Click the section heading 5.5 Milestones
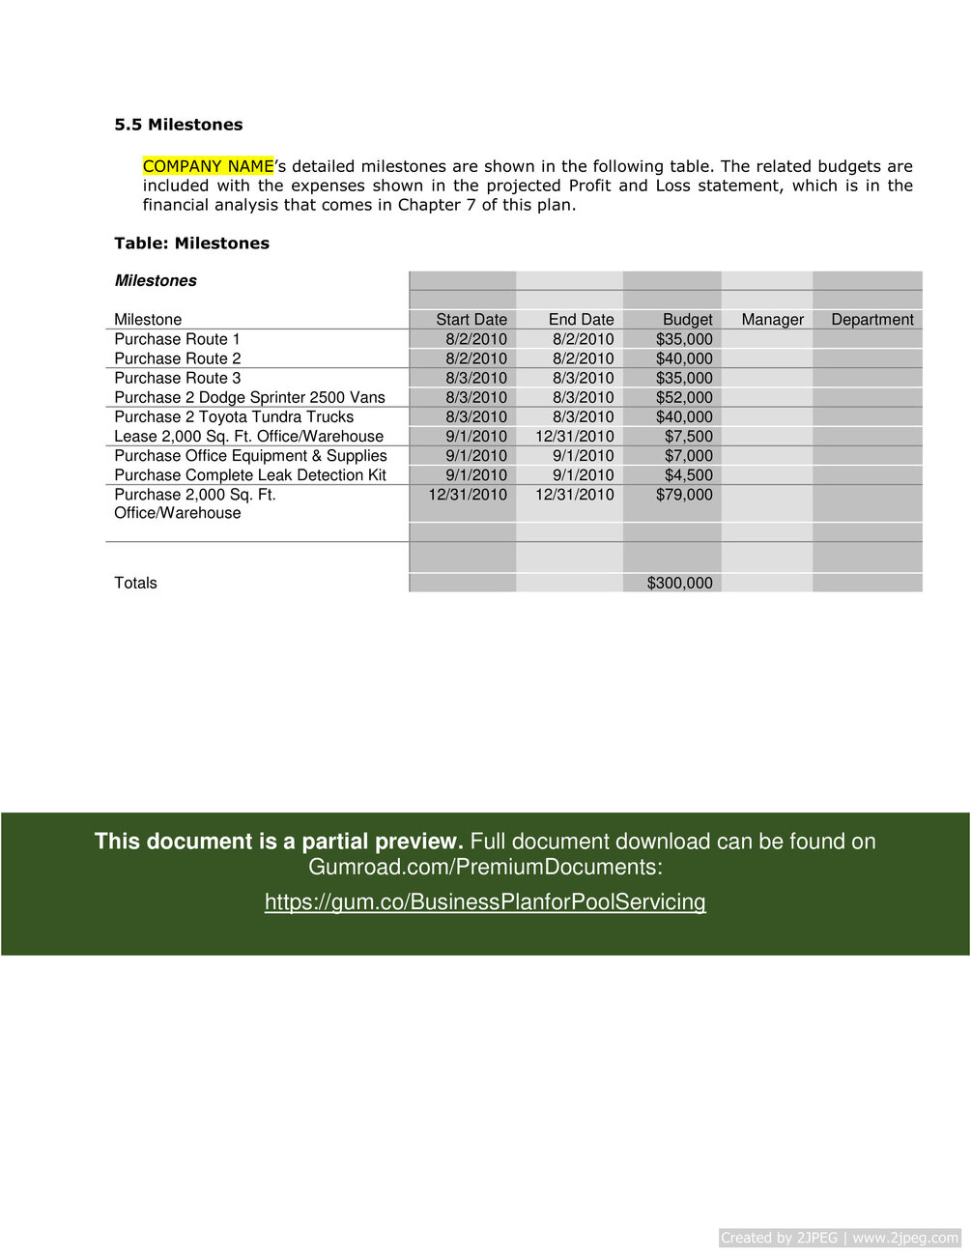click(x=179, y=125)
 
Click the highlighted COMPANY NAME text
click(x=208, y=166)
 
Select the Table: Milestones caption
click(x=191, y=243)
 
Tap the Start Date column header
click(x=471, y=320)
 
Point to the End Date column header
click(x=581, y=320)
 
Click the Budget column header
click(x=687, y=320)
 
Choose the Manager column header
click(x=772, y=320)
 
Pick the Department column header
click(x=871, y=320)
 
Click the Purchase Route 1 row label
click(x=177, y=339)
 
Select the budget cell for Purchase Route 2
click(x=683, y=358)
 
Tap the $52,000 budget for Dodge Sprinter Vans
click(x=683, y=397)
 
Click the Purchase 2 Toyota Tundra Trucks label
click(x=234, y=416)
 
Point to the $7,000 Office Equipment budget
click(x=688, y=455)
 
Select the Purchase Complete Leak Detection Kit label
click(x=250, y=474)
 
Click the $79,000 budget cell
click(x=683, y=495)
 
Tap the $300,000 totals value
click(x=679, y=583)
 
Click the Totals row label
click(x=135, y=583)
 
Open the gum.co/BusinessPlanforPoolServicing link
click(x=485, y=901)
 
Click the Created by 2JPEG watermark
click(x=839, y=1238)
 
